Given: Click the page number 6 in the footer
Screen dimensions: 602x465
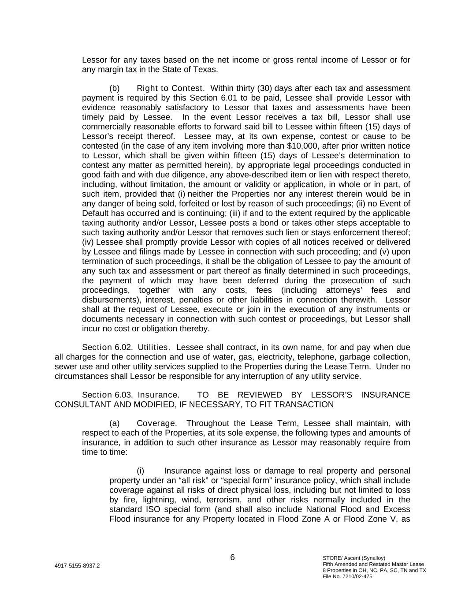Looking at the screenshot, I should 232,557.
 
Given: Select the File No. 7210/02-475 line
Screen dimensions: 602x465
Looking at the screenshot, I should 347,576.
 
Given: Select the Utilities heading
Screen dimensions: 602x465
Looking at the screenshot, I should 154,348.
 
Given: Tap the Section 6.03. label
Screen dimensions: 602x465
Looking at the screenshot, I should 108,395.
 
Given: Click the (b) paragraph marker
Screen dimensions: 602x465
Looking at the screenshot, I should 115,88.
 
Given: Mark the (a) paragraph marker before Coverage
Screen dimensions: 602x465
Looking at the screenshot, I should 115,424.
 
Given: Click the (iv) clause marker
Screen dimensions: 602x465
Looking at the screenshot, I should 88,242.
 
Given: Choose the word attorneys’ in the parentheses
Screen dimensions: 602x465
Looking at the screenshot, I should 344,290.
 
